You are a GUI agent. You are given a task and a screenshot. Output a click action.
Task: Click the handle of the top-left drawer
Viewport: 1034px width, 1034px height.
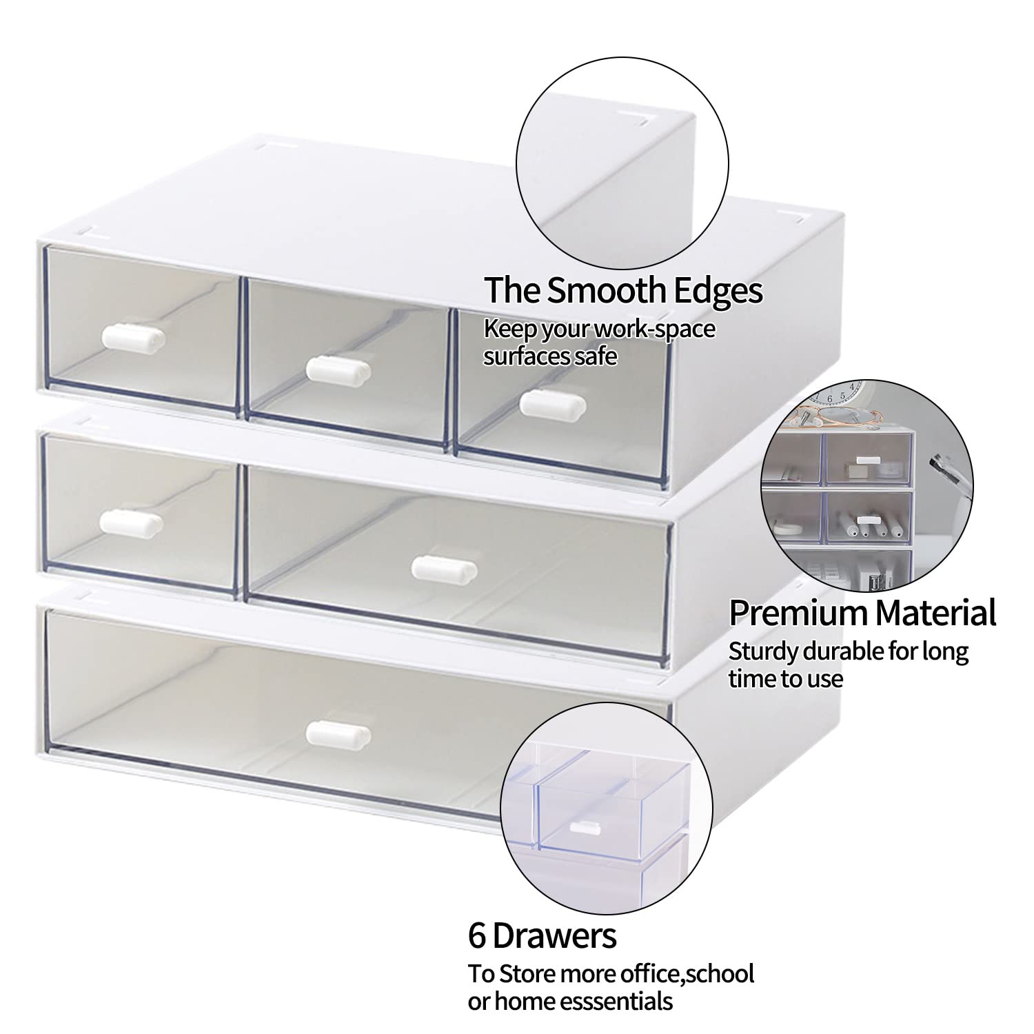click(x=134, y=337)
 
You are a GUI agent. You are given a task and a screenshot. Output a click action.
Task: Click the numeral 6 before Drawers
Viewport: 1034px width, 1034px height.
click(x=478, y=936)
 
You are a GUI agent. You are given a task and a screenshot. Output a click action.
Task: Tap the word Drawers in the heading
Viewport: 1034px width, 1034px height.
click(x=554, y=936)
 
